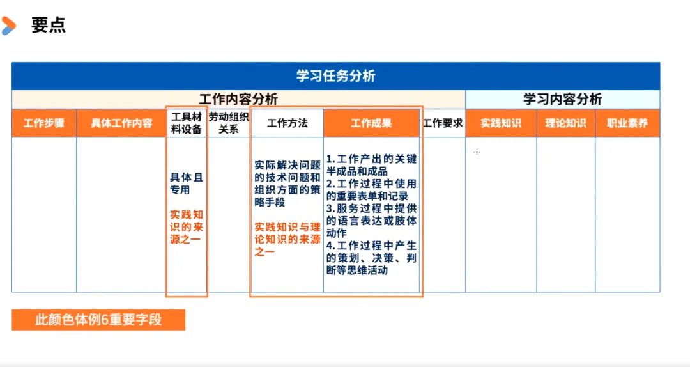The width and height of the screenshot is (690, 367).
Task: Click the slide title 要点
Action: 49,26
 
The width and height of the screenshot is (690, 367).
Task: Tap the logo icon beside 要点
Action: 8,26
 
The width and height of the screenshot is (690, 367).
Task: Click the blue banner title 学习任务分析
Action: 335,76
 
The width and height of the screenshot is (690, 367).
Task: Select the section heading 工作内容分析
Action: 238,100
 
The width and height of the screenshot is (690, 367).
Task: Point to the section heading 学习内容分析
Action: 562,100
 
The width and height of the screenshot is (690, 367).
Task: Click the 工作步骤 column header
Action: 44,123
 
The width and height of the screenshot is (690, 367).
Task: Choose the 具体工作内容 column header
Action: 121,123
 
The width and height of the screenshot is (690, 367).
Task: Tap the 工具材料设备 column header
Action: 187,123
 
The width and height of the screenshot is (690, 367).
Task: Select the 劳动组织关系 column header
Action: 229,123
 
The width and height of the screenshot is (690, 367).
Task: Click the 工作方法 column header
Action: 287,123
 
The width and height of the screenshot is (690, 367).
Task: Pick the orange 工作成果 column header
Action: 371,123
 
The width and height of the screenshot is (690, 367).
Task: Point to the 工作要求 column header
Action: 443,123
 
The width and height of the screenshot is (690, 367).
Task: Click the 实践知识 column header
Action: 501,123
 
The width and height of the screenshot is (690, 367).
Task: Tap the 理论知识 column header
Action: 565,123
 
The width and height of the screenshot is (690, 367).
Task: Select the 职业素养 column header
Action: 627,123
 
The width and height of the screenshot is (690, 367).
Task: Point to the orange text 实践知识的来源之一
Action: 186,228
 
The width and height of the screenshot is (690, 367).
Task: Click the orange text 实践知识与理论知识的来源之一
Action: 287,239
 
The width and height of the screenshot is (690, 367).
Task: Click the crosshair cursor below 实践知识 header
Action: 477,152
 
